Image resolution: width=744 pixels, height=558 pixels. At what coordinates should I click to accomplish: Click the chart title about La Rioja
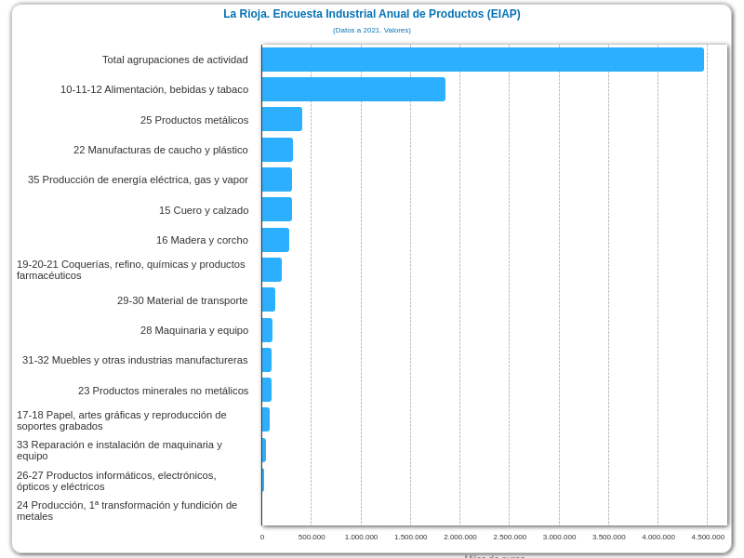coord(371,14)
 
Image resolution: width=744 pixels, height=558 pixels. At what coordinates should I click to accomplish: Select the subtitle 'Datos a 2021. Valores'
coord(371,31)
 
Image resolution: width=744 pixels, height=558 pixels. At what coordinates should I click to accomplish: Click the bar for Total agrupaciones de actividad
coord(483,60)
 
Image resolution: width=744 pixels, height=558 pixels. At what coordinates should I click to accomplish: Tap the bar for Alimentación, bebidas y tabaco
coord(353,89)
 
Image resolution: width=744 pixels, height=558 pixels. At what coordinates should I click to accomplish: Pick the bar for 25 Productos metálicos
coord(282,119)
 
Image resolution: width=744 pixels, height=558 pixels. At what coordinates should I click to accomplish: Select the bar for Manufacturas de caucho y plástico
coord(277,150)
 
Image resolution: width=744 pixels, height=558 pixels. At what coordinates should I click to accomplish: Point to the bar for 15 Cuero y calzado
coord(277,209)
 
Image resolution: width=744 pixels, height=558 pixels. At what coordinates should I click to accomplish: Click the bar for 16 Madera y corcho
coord(275,240)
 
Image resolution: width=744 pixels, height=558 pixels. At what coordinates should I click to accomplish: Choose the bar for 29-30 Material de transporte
coord(269,299)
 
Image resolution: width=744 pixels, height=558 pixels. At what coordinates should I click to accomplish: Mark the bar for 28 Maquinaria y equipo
coord(267,330)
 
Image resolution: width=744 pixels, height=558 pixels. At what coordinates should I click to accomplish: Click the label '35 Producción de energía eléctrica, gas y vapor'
coord(138,179)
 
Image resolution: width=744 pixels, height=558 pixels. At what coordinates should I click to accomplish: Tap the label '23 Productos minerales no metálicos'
coord(163,391)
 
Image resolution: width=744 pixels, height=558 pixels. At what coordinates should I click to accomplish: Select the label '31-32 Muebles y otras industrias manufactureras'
coord(135,360)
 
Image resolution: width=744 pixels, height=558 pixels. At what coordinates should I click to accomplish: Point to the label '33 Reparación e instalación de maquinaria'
coord(119,450)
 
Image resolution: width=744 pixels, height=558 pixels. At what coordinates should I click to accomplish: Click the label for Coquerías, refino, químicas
coord(131,270)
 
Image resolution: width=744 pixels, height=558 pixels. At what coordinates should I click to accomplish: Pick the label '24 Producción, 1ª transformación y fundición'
coord(126,511)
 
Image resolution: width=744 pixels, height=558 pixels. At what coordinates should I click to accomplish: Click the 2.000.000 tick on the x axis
coord(460,537)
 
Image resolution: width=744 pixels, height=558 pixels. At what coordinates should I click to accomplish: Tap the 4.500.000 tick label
coord(708,537)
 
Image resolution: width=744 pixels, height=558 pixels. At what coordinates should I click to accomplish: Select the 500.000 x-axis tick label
coord(312,537)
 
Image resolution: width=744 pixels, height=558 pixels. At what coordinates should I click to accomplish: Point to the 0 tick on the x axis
coord(262,537)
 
